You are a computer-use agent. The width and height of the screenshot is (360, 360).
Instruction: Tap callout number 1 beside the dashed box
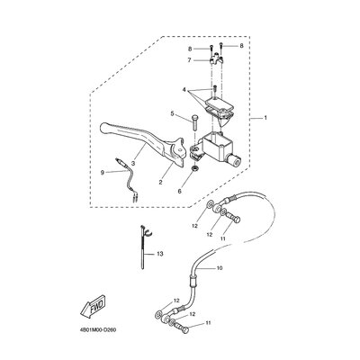coord(265,118)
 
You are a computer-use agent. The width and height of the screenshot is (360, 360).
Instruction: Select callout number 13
coord(160,254)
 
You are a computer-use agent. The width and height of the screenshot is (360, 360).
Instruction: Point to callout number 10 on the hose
coord(220,268)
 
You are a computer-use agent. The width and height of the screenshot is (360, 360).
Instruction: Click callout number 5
coord(172,113)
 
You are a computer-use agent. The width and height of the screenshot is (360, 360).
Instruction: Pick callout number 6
coord(180,191)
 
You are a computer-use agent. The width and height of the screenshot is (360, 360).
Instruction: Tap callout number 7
coord(189,60)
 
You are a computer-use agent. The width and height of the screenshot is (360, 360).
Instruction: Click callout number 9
coord(103,172)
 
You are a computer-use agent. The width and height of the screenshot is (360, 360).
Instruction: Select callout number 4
coord(184,89)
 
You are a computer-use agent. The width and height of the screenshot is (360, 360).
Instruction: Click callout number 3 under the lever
coord(133,165)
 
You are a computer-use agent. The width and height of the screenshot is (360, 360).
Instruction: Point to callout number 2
coord(160,182)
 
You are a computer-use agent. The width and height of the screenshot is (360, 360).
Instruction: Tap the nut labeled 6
coord(194,168)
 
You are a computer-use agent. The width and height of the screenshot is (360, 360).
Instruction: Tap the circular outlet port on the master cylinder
coord(235,161)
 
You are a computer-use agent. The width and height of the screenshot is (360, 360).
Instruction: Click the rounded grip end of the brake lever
coord(105,128)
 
